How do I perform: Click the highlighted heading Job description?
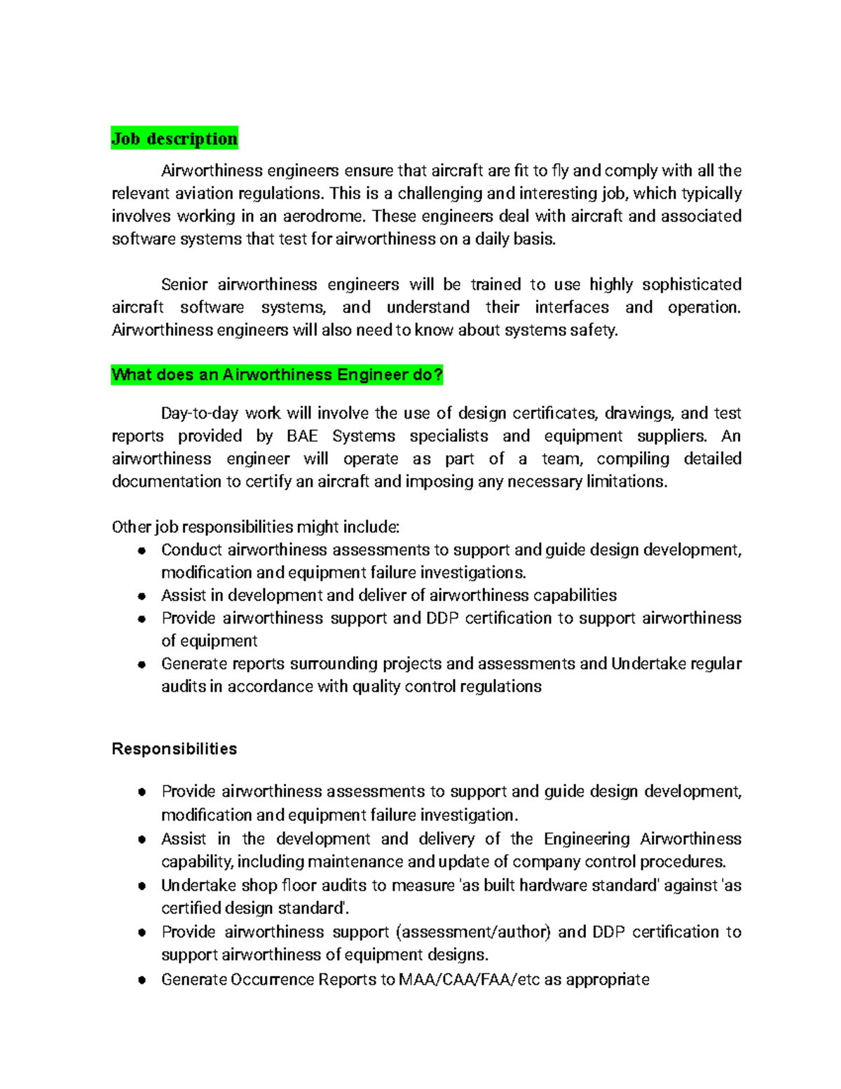pyautogui.click(x=175, y=138)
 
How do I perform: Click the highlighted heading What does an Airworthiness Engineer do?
pyautogui.click(x=277, y=375)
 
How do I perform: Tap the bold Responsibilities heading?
pyautogui.click(x=174, y=749)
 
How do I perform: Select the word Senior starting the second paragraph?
pyautogui.click(x=184, y=285)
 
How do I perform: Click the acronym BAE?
pyautogui.click(x=302, y=436)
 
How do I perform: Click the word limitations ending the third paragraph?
pyautogui.click(x=625, y=482)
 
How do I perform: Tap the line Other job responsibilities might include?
pyautogui.click(x=256, y=527)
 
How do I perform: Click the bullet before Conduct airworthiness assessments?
pyautogui.click(x=142, y=550)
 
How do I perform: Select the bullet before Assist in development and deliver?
pyautogui.click(x=142, y=596)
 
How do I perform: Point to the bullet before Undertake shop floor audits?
pyautogui.click(x=142, y=886)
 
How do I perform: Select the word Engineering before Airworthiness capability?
pyautogui.click(x=587, y=839)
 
